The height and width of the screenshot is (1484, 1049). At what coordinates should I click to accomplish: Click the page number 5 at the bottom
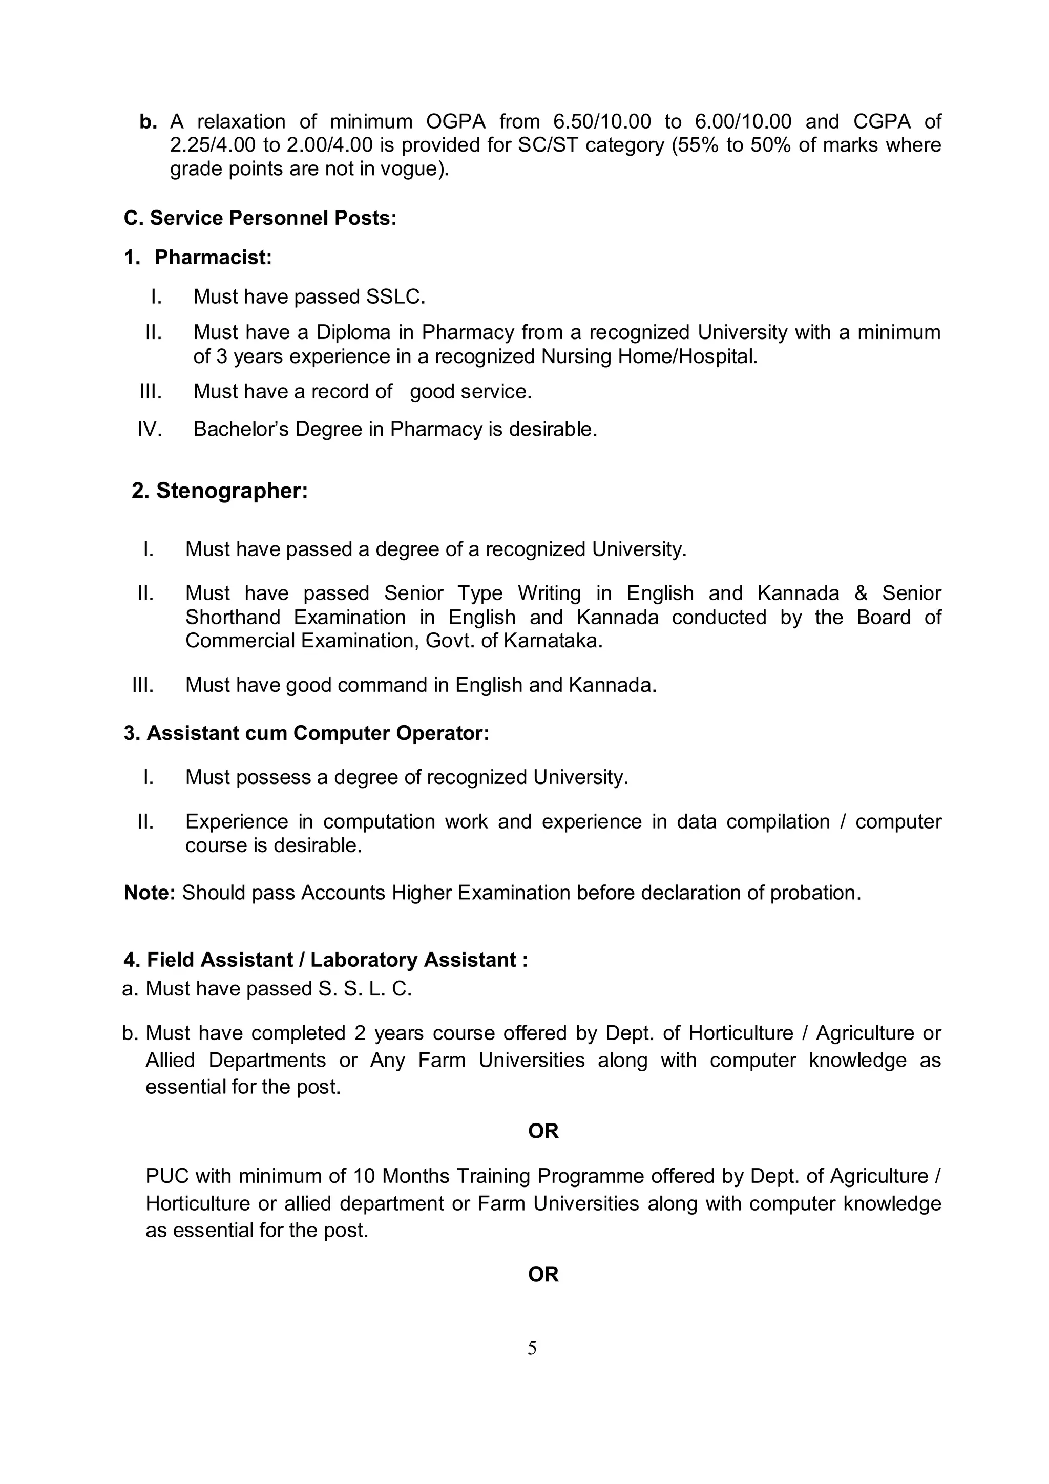point(531,1348)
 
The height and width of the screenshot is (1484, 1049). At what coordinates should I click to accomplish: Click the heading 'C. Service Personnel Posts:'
point(260,219)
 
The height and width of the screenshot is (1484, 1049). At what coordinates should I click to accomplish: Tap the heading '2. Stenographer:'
point(220,491)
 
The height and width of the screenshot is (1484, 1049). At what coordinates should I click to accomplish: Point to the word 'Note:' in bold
point(149,893)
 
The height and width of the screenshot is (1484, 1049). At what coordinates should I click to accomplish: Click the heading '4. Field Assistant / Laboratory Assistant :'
point(326,960)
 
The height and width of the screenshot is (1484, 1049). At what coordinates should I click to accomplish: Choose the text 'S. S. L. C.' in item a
point(365,989)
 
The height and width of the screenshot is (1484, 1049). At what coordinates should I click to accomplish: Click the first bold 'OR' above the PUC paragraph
point(543,1131)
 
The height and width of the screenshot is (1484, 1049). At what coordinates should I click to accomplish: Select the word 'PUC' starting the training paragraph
point(167,1176)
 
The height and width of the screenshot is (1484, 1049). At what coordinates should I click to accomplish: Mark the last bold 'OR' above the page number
point(543,1275)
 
